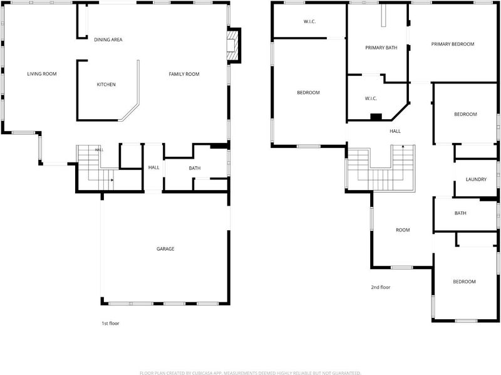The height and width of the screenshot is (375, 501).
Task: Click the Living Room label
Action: tap(42, 74)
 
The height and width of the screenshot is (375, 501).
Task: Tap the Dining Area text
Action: tap(108, 40)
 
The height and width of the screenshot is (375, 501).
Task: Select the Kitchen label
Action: tap(106, 85)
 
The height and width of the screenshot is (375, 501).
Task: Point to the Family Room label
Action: tap(184, 74)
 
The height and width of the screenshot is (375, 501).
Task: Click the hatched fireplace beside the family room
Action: tap(233, 45)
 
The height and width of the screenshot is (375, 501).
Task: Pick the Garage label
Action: tap(165, 248)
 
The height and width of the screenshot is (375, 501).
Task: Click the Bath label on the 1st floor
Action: tap(195, 168)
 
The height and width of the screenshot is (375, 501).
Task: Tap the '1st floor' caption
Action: tap(110, 323)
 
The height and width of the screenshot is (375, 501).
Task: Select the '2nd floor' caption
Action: tap(381, 287)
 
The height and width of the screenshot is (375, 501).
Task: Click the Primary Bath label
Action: tap(381, 48)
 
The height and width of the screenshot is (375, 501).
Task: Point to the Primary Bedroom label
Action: tap(453, 44)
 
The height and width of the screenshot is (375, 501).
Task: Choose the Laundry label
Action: tap(476, 179)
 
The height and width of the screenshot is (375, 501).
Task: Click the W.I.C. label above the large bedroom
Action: tap(309, 22)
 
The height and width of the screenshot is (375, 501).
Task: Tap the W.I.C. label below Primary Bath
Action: tap(371, 98)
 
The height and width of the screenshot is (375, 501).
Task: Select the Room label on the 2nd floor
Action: tap(403, 230)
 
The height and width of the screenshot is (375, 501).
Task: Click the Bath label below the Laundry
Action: tap(460, 213)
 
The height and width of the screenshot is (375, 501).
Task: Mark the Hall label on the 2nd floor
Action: tap(395, 131)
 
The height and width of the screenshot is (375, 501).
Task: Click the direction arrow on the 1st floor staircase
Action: tap(111, 180)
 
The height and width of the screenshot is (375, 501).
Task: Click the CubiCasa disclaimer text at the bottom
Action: tap(250, 372)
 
